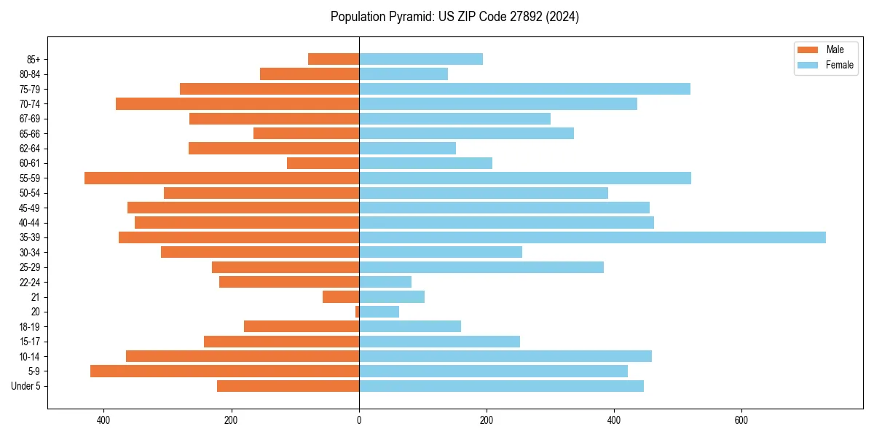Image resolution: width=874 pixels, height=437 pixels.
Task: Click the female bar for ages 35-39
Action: click(x=592, y=237)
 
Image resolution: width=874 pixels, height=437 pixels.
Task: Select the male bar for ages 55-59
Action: click(x=221, y=178)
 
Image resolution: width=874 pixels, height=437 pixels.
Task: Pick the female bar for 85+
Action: click(x=421, y=59)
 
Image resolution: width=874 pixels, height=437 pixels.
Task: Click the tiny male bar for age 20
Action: click(x=357, y=312)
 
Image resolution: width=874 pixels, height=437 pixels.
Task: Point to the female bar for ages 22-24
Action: click(x=385, y=282)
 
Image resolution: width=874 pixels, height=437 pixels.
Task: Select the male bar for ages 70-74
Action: click(x=237, y=103)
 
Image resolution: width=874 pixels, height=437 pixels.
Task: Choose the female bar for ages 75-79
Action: click(x=524, y=89)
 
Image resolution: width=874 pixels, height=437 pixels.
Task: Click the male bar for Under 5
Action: click(x=288, y=386)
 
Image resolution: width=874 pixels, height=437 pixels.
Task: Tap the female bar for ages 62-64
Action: click(x=407, y=148)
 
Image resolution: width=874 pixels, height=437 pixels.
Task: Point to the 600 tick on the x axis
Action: click(x=741, y=420)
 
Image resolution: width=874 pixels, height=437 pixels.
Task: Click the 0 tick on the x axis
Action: click(x=359, y=420)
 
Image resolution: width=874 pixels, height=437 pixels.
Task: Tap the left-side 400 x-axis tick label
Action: click(x=103, y=420)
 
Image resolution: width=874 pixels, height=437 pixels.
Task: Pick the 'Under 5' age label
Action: click(x=25, y=386)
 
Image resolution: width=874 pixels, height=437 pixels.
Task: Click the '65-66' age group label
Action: click(x=30, y=133)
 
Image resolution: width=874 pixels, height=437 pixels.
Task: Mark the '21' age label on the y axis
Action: click(x=36, y=297)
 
